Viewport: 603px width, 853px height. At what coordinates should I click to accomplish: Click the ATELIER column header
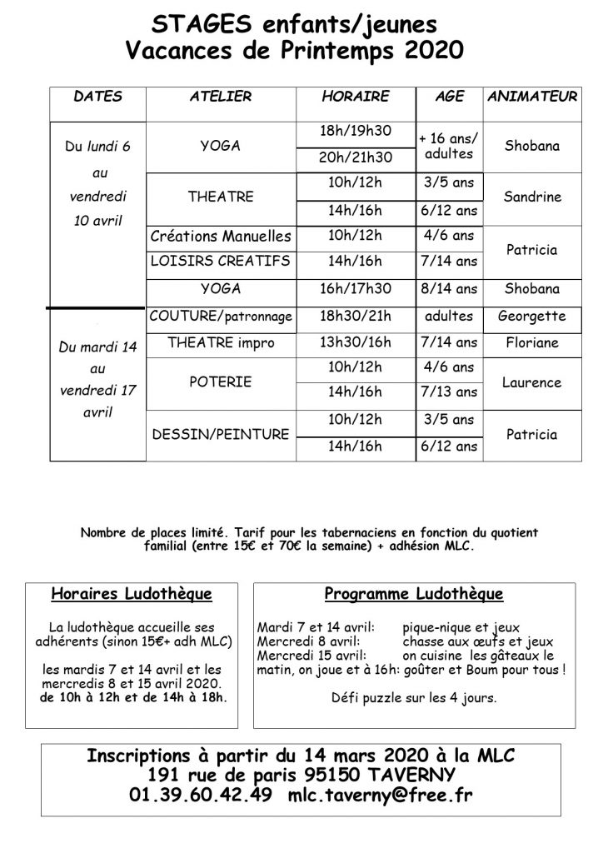(x=221, y=97)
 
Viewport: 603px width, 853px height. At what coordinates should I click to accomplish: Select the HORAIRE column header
(x=355, y=97)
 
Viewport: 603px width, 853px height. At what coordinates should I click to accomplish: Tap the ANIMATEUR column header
(x=532, y=97)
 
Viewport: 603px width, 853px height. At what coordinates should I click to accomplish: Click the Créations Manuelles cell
(x=221, y=237)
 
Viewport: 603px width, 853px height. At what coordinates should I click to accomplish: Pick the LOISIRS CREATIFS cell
(x=221, y=262)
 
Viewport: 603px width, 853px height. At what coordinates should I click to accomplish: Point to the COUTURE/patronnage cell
(x=221, y=317)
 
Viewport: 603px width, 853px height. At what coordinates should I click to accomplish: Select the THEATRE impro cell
(x=221, y=342)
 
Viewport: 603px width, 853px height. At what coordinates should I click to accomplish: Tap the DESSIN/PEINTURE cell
(x=221, y=434)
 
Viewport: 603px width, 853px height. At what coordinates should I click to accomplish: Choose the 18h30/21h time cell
(x=355, y=317)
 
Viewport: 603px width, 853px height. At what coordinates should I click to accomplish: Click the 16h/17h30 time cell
(x=355, y=289)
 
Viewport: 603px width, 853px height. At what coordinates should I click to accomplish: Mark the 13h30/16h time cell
(x=355, y=342)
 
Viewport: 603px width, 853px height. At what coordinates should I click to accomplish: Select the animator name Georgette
(x=532, y=317)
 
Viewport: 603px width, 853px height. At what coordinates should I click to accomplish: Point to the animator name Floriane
(x=532, y=342)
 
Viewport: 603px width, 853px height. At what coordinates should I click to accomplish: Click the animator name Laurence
(x=532, y=382)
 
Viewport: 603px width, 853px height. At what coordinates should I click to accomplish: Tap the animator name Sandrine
(x=532, y=197)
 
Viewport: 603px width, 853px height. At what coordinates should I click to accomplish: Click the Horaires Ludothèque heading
(x=132, y=595)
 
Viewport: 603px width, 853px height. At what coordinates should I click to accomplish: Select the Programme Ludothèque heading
(x=414, y=595)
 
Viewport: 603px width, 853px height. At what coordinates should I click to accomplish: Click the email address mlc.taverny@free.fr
(x=379, y=796)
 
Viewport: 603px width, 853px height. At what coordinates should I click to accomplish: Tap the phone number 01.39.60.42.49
(x=201, y=796)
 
